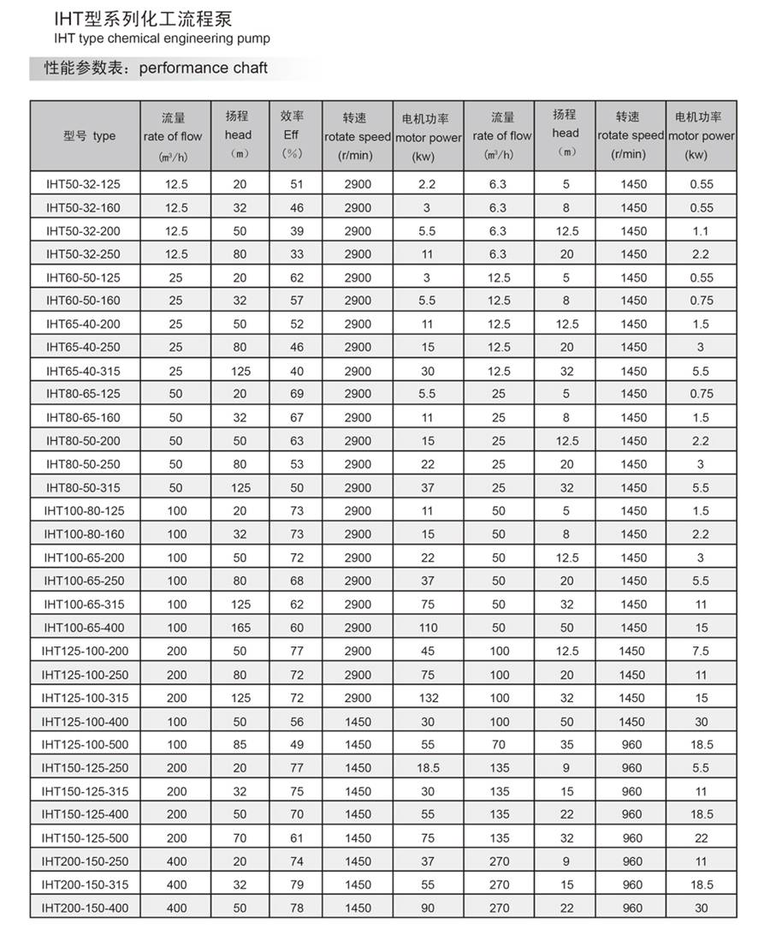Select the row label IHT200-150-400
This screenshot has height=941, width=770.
coord(85,908)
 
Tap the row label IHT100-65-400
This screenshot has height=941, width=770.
coord(84,628)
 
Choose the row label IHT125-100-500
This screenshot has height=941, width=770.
coord(85,745)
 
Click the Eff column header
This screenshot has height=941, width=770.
coord(292,135)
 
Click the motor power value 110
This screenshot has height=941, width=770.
coord(428,628)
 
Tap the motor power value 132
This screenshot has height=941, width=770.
coord(428,698)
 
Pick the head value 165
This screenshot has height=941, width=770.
coord(241,628)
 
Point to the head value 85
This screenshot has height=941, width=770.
coord(241,745)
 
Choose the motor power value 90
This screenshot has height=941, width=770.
coord(428,908)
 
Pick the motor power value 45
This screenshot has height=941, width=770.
coord(428,652)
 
